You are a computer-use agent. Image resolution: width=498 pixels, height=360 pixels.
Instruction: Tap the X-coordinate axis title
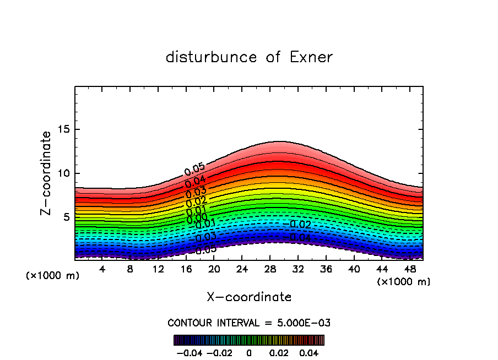point(249,297)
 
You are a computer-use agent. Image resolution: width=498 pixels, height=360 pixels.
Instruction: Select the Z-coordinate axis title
point(47,173)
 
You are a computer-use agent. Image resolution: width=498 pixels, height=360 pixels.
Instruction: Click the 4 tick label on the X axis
point(102,269)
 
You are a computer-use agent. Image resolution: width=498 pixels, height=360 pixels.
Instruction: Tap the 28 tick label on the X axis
point(269,269)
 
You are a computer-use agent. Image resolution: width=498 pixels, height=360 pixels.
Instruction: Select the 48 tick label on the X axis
point(409,269)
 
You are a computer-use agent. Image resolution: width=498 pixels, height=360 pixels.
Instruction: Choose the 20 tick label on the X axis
point(214,269)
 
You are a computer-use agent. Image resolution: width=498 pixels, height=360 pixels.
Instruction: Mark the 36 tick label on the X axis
point(325,269)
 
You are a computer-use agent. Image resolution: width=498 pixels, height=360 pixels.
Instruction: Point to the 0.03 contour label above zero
point(196,192)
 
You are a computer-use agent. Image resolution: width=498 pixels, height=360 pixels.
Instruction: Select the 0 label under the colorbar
point(249,352)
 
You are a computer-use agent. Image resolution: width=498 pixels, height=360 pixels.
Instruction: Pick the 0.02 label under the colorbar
point(278,352)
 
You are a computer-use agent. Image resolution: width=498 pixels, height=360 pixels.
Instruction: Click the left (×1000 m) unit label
point(53,275)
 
